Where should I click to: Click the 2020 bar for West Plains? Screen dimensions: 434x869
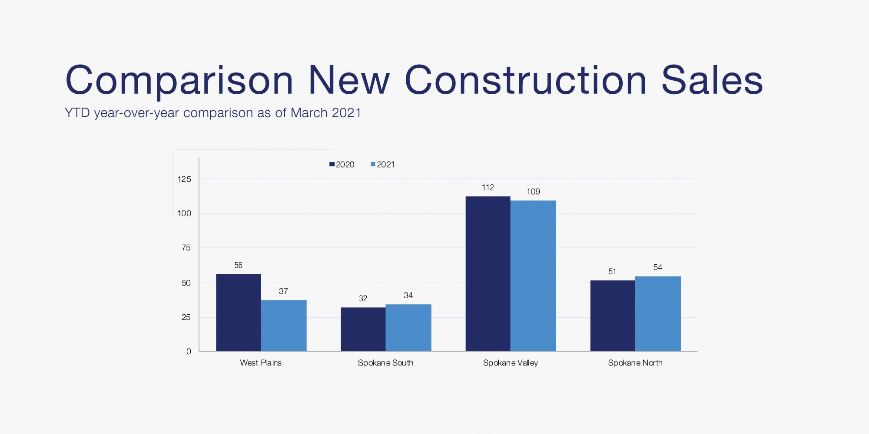238,312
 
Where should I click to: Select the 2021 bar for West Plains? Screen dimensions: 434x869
283,325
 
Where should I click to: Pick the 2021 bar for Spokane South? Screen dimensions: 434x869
408,328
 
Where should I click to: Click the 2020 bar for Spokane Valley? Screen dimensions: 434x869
488,273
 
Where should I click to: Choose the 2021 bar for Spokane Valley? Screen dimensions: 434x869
533,276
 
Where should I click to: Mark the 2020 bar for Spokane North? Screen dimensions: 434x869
612,316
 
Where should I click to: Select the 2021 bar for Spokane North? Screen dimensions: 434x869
657,313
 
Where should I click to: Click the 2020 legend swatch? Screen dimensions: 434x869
332,164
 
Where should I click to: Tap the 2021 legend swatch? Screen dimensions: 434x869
373,164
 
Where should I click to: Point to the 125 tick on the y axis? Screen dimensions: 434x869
184,179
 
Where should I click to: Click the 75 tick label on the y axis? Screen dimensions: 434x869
186,248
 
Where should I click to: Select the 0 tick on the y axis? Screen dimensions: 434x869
189,352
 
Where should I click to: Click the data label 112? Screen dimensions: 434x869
488,187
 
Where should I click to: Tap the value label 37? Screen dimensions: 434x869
283,291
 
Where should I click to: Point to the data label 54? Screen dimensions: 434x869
657,267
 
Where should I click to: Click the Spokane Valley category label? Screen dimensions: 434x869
510,363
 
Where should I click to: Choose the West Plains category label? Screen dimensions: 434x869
261,363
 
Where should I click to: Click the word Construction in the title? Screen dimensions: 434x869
526,80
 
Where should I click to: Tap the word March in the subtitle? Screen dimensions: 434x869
309,113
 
